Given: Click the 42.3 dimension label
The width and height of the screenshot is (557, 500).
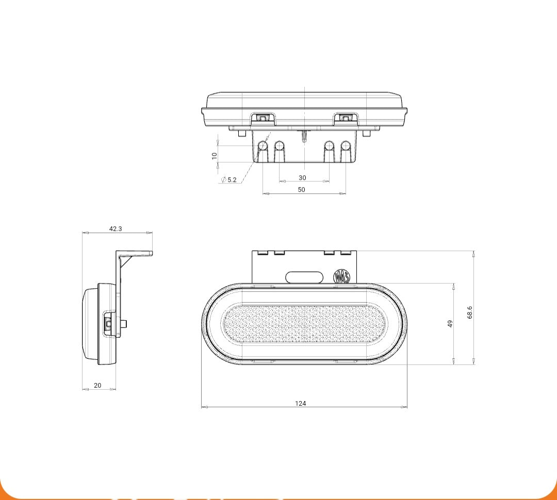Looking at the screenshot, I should (x=115, y=229).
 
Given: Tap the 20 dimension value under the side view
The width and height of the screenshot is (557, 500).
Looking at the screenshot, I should (x=97, y=385).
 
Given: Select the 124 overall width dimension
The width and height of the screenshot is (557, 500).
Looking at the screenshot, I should (x=301, y=403).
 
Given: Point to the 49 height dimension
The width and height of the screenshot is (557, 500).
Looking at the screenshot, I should (x=450, y=324).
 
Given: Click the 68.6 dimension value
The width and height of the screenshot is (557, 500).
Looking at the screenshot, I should (x=469, y=312).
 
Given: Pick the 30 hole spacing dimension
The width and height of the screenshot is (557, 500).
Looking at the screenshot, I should (x=302, y=177).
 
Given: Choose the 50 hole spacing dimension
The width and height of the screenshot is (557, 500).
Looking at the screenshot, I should (x=302, y=190).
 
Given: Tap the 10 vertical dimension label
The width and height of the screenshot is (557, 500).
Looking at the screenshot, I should (x=215, y=155).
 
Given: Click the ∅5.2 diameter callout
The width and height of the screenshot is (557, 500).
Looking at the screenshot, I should (x=229, y=180).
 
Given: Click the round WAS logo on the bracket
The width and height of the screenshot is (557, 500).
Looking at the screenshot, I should (x=342, y=276).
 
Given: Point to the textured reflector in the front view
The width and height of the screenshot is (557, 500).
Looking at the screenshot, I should (x=304, y=324).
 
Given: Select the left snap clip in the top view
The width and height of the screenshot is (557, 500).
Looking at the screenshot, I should (x=263, y=119).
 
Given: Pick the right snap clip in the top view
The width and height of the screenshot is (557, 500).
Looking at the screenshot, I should (x=345, y=119).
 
